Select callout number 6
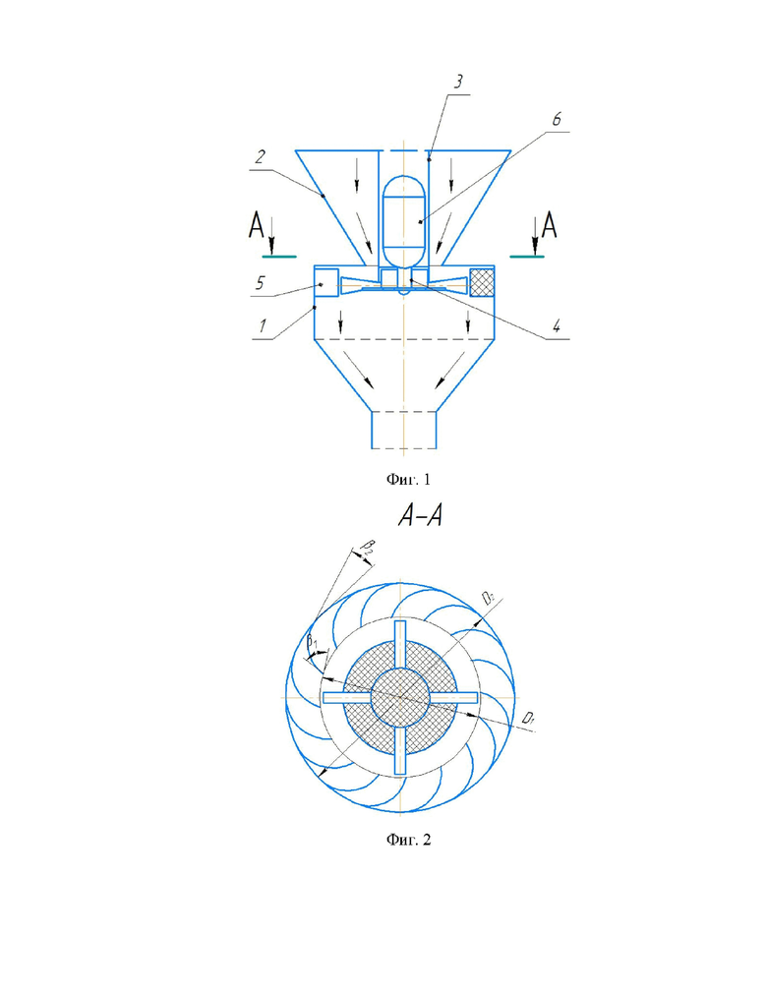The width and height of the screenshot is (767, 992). tap(556, 120)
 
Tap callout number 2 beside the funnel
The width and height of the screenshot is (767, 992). tap(260, 156)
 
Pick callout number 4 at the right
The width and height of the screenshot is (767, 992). tap(556, 327)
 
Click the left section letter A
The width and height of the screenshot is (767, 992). tap(257, 227)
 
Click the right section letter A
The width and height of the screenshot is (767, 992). tap(549, 227)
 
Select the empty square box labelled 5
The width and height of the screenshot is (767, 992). tap(326, 282)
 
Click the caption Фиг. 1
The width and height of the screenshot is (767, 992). tap(405, 480)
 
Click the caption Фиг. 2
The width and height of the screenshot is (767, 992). tap(405, 842)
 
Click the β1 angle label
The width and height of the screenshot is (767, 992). tap(314, 644)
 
